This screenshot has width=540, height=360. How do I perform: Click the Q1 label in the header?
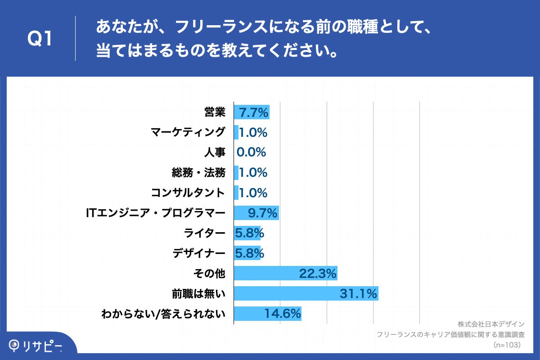(40, 40)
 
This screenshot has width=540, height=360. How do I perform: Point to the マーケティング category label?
(188, 132)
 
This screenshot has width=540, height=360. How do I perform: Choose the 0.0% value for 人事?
(251, 153)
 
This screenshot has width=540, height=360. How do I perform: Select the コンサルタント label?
(188, 193)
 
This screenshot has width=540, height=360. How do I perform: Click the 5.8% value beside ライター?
(249, 234)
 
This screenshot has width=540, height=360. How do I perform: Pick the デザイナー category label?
(198, 254)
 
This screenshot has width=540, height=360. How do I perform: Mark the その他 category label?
(209, 274)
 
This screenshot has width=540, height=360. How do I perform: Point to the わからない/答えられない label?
(164, 314)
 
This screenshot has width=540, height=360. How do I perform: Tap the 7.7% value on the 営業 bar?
(253, 112)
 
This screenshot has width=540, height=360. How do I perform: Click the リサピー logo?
(36, 346)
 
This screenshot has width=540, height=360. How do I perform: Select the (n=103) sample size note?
(507, 345)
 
